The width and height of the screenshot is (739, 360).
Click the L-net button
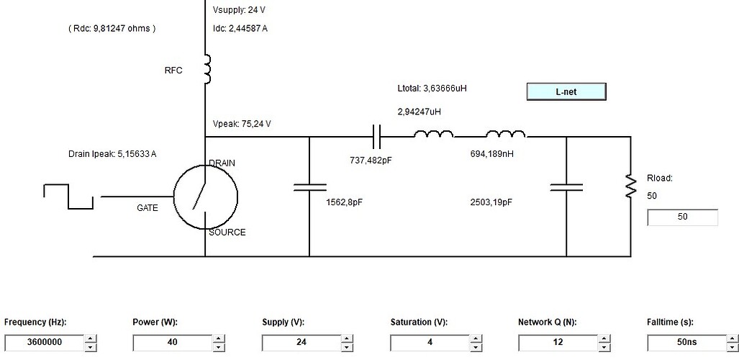(x=566, y=92)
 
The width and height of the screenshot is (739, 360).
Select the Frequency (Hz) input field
(x=45, y=342)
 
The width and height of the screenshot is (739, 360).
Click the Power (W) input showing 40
(x=173, y=342)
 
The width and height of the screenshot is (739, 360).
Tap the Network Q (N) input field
(x=558, y=342)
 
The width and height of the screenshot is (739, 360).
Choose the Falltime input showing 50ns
(x=687, y=342)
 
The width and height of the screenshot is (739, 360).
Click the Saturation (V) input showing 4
(x=430, y=342)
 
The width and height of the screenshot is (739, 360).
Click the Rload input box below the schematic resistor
(x=682, y=217)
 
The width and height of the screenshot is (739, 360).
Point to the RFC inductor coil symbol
(x=207, y=69)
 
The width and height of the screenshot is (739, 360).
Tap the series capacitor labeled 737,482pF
(x=376, y=137)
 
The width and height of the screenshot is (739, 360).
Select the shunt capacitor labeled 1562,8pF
(x=309, y=187)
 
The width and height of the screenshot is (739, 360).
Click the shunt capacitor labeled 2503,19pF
(x=566, y=187)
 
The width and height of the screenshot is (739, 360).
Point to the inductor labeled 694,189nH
(x=505, y=134)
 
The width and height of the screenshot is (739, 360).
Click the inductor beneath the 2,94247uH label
(x=434, y=134)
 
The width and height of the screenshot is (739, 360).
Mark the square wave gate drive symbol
(x=68, y=197)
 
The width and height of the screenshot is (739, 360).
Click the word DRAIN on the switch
(x=222, y=163)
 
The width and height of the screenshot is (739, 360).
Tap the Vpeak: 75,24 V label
(x=242, y=124)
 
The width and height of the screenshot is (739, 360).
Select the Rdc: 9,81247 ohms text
(x=112, y=28)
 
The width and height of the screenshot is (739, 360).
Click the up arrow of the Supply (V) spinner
(x=347, y=338)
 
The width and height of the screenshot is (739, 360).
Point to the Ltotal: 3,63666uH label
(x=432, y=89)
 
